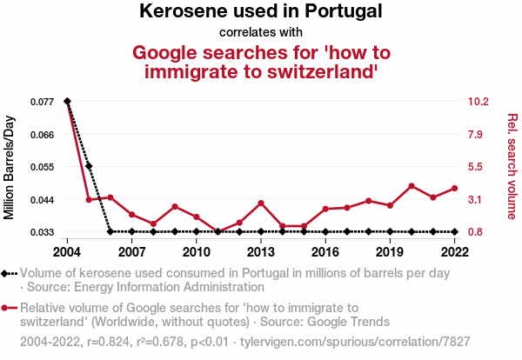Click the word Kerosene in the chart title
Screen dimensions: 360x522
pos(181,12)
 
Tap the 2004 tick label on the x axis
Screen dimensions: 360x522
pos(67,251)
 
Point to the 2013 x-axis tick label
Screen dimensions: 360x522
pos(260,251)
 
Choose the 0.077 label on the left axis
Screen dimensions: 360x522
pos(41,102)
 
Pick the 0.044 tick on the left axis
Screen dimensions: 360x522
pos(41,199)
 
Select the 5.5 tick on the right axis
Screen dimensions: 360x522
pos(476,167)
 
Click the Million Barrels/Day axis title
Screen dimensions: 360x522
pos(10,166)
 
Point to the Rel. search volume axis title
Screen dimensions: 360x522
pos(512,166)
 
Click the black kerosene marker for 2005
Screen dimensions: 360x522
pos(89,166)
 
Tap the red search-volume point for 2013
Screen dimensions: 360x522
pos(261,203)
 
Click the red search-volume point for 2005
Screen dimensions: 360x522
pos(89,200)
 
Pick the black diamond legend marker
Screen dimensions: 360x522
pos(7,273)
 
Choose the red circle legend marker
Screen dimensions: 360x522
pos(7,308)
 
